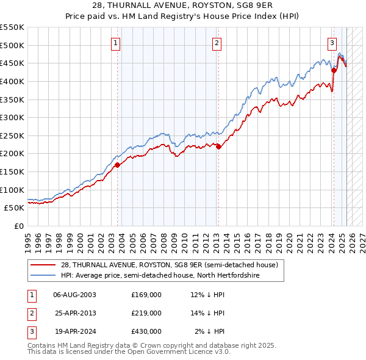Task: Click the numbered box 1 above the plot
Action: pyautogui.click(x=115, y=43)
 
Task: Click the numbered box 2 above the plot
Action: pyautogui.click(x=217, y=43)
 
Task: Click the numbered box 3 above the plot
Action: pyautogui.click(x=332, y=43)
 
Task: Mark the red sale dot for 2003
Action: pyautogui.click(x=118, y=165)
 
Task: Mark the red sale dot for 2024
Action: pyautogui.click(x=334, y=70)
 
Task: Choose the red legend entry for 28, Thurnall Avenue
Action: pyautogui.click(x=169, y=265)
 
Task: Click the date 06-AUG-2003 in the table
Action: pyautogui.click(x=75, y=295)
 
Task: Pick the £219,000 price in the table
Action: pyautogui.click(x=146, y=313)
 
